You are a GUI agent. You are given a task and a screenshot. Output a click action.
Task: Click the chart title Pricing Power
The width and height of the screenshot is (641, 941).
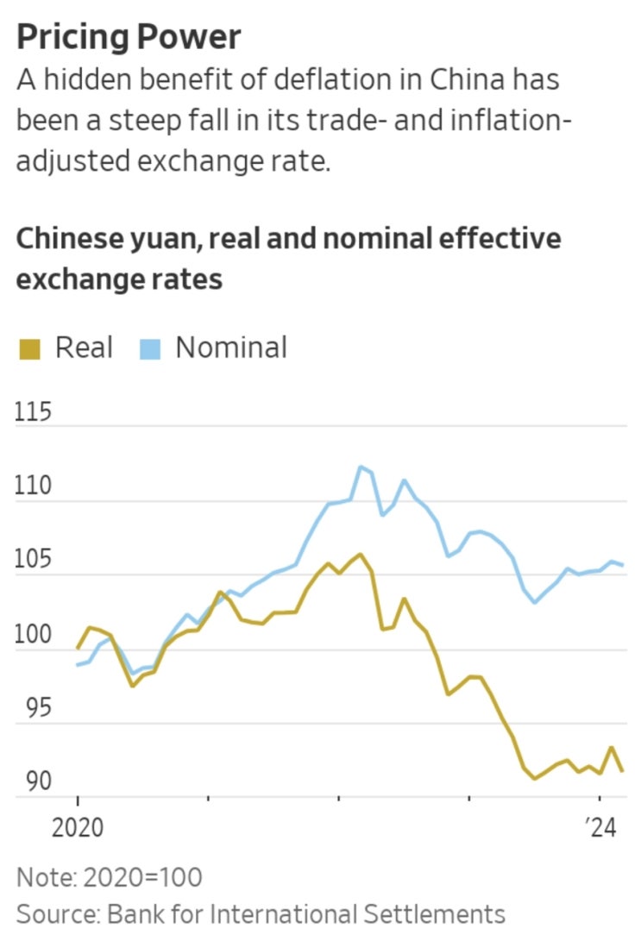[129, 38]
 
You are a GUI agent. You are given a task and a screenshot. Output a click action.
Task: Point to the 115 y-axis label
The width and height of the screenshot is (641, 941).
[34, 413]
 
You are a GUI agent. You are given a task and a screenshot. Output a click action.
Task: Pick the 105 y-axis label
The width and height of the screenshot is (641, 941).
[34, 561]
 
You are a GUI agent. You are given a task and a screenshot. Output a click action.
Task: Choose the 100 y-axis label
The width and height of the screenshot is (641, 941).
[34, 636]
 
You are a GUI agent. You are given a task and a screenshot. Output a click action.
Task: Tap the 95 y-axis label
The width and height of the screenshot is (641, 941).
[34, 710]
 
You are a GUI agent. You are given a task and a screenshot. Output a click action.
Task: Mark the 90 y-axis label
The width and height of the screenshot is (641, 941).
[34, 783]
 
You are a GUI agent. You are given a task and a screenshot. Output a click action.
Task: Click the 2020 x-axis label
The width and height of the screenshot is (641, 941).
[78, 829]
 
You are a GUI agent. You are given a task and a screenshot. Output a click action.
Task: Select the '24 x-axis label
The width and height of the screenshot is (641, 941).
[598, 829]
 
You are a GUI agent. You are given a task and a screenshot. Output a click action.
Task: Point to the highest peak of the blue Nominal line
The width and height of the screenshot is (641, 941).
[361, 467]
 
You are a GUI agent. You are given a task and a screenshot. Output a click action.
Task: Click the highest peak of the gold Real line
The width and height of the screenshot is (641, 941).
[360, 554]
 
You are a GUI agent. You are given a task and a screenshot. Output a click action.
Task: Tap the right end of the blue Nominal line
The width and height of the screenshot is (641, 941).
[623, 565]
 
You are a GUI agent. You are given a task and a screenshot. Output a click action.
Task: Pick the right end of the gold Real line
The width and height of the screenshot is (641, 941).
[623, 770]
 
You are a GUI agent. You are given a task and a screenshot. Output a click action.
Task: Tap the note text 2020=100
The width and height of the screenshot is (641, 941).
[142, 878]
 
